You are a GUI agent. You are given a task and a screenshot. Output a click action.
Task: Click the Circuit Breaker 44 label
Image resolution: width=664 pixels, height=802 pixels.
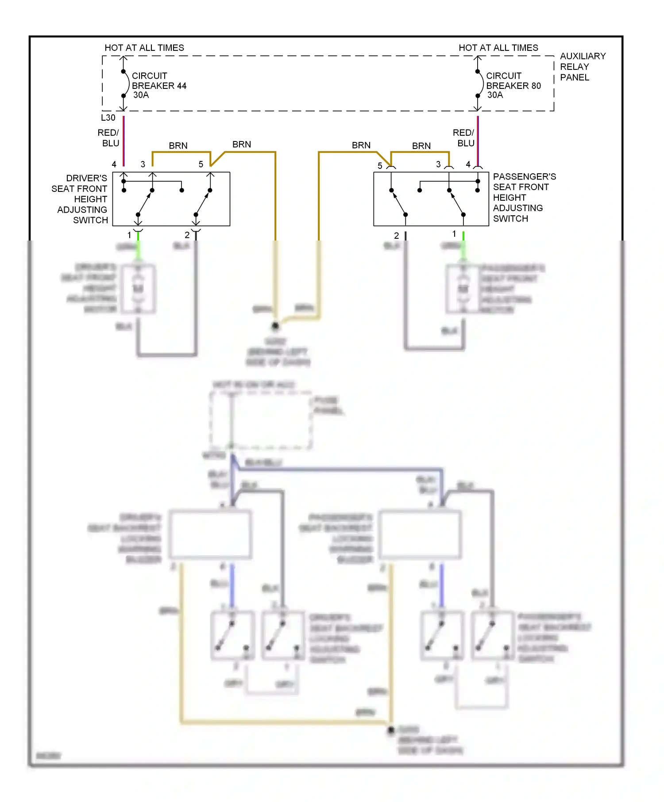tap(158, 85)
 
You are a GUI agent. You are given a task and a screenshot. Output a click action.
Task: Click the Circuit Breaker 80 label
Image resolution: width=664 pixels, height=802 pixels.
tap(513, 85)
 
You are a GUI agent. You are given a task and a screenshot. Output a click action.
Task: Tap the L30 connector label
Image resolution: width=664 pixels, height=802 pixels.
tap(108, 118)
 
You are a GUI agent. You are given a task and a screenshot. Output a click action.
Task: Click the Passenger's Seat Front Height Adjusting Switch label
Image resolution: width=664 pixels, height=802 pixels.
tap(524, 198)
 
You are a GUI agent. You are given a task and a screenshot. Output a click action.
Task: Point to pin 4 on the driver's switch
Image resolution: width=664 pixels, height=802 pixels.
tap(114, 164)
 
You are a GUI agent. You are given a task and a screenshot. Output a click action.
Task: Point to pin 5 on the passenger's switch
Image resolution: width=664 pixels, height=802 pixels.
tap(380, 166)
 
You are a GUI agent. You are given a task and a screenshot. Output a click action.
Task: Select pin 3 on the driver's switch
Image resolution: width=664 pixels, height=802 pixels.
tap(143, 164)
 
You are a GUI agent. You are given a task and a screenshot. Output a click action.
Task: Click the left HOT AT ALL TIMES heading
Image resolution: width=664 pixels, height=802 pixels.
tap(144, 48)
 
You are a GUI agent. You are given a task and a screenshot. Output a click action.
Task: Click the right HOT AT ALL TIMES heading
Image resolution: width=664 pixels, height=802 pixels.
tap(498, 48)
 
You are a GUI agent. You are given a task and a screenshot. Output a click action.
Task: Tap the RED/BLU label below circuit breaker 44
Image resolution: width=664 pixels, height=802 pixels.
tap(109, 138)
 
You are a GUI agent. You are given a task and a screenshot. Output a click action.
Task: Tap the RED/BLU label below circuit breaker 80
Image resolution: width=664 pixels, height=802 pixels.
tap(464, 138)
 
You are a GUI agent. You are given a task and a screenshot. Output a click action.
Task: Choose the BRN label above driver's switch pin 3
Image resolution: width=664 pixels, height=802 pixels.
tap(178, 146)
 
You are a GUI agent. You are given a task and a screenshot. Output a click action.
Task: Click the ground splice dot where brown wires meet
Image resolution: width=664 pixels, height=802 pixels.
tap(275, 326)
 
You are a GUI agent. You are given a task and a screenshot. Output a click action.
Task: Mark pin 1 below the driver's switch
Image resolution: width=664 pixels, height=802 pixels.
tap(130, 235)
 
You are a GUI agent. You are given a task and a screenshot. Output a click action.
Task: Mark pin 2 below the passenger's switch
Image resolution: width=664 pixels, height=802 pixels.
tap(397, 236)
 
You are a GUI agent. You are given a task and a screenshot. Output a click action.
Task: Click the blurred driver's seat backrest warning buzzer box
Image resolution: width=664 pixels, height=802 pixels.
tap(210, 534)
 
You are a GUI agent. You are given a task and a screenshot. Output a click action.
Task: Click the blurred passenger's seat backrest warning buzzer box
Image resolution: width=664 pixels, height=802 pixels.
tap(421, 534)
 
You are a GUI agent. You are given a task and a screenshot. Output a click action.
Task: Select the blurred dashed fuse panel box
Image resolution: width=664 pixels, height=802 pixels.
tap(261, 420)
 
